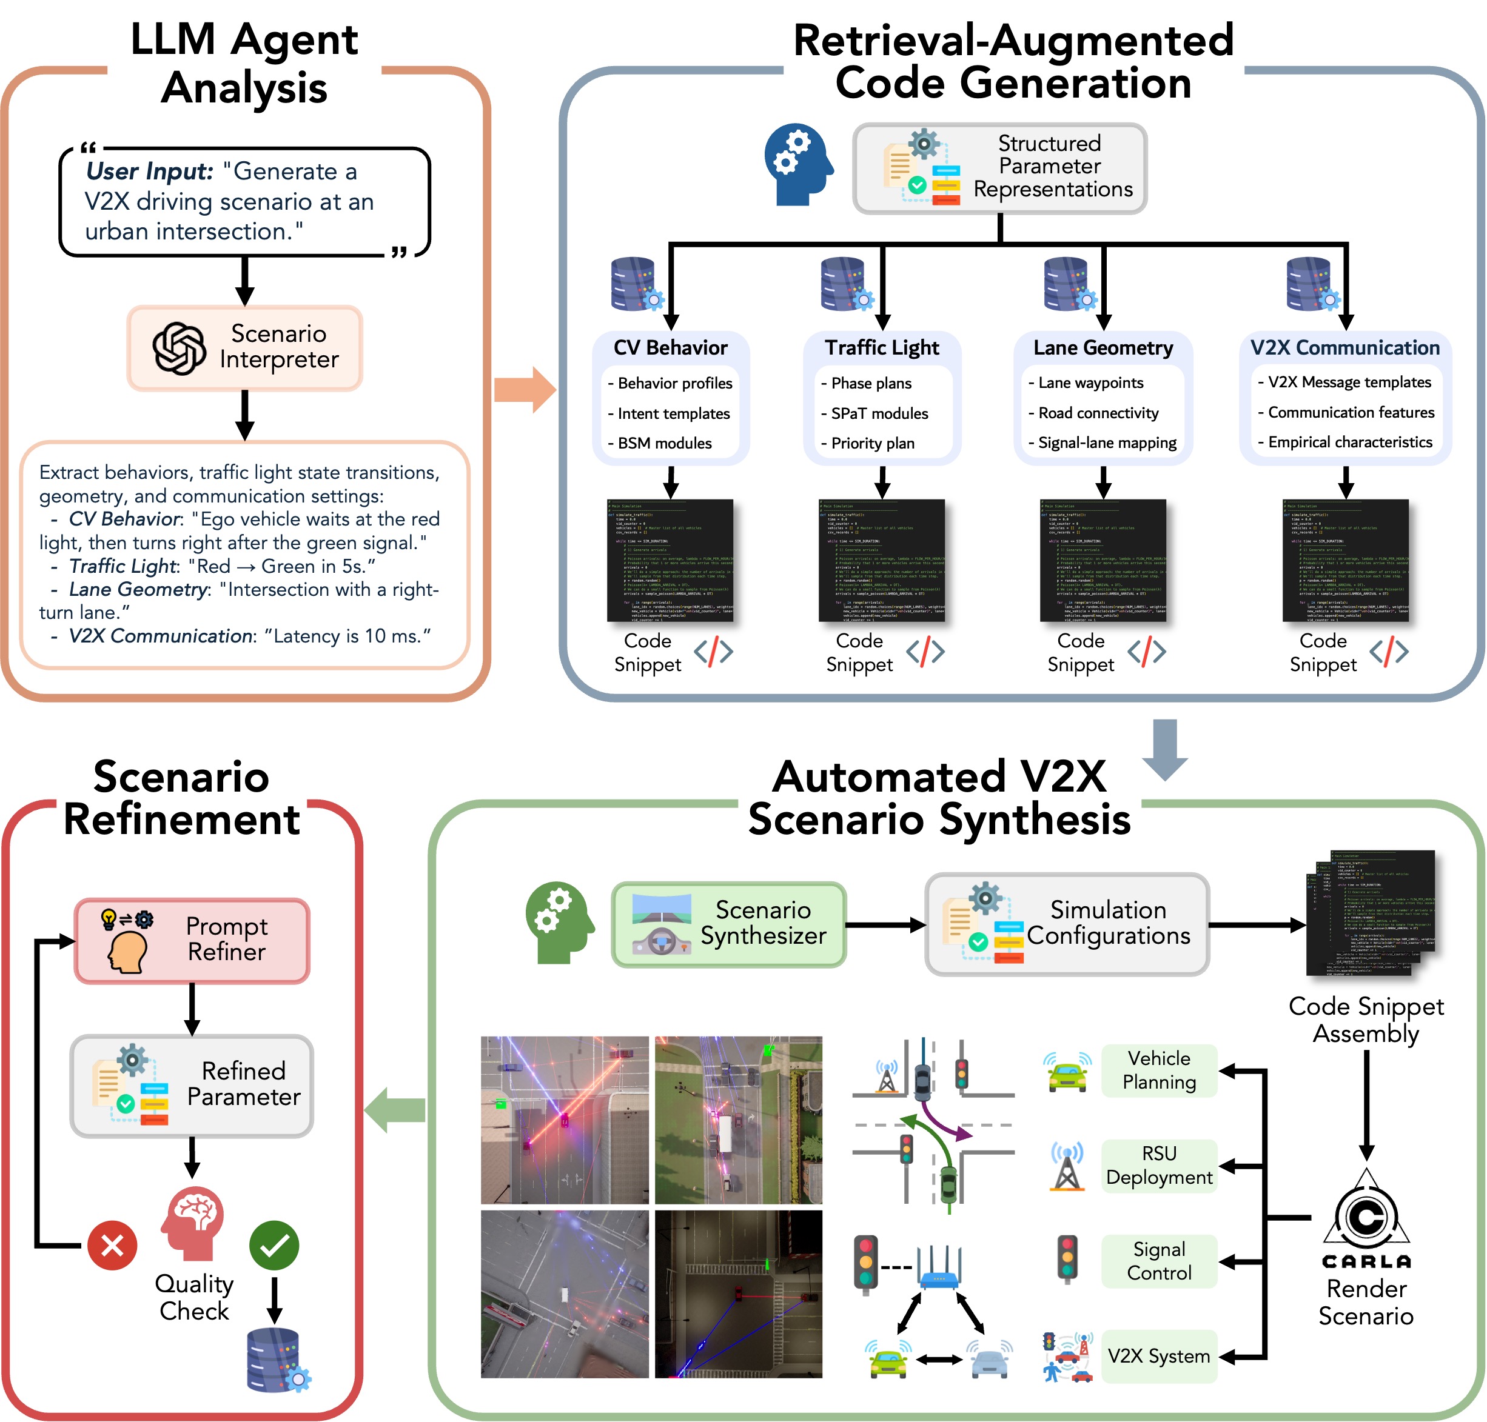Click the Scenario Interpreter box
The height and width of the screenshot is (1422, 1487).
244,347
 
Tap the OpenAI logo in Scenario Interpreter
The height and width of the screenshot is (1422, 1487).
179,348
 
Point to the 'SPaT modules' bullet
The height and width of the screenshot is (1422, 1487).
879,413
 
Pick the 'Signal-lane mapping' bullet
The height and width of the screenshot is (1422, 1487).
1106,442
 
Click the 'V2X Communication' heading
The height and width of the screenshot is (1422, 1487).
1344,347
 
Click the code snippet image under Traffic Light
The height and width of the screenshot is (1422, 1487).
881,560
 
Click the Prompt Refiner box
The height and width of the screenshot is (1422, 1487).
192,940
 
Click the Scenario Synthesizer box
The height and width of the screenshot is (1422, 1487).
728,923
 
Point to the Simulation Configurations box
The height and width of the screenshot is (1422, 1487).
1066,923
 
